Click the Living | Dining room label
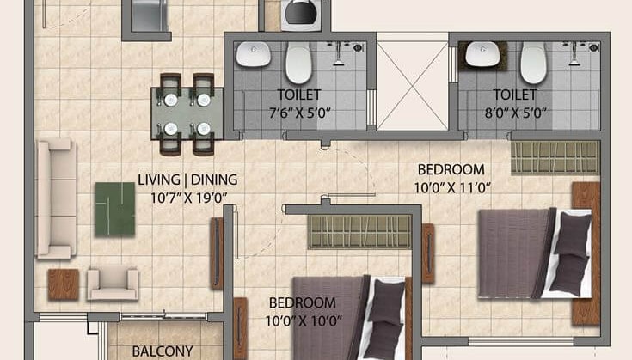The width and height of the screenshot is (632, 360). click(187, 180)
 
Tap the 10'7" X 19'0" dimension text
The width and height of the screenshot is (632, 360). click(187, 198)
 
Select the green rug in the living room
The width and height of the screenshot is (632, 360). click(114, 209)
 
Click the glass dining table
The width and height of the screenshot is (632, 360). click(185, 113)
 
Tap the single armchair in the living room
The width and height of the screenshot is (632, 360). click(113, 283)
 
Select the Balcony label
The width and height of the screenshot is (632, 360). click(161, 351)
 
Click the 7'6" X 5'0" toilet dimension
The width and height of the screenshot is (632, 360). click(298, 112)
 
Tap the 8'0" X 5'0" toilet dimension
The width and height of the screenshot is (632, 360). click(515, 112)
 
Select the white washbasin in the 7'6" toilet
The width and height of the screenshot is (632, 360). click(255, 56)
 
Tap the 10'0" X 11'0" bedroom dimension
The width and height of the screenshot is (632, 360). click(451, 186)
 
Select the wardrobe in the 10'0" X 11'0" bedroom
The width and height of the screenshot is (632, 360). click(555, 157)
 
